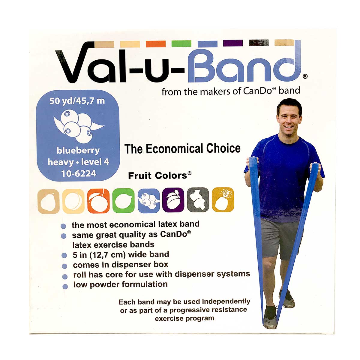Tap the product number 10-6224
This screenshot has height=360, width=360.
[79, 173]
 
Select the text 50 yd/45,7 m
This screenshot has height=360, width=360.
[77, 101]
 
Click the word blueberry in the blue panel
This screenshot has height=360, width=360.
[78, 150]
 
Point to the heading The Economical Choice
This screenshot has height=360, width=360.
[182, 149]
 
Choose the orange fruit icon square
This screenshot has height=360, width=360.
[98, 201]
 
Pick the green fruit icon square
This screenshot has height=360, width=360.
[123, 201]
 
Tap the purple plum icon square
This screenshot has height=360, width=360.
[173, 200]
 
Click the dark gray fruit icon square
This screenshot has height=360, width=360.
[198, 200]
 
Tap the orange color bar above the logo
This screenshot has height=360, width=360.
[156, 44]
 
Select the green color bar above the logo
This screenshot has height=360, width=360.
[181, 44]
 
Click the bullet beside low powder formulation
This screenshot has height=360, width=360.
[65, 286]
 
